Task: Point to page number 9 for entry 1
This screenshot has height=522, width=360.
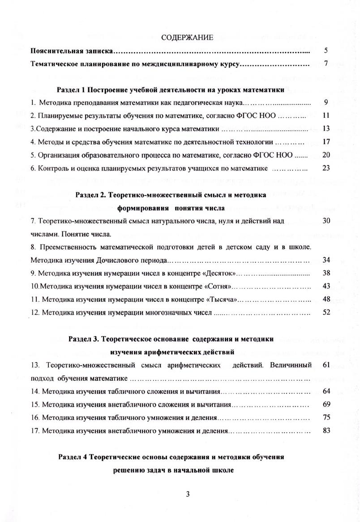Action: (326, 103)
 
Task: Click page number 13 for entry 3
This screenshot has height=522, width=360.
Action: (326, 129)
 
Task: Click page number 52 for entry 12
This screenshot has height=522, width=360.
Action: (326, 312)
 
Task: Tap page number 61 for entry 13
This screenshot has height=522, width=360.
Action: (326, 365)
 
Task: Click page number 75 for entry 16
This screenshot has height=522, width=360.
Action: (326, 417)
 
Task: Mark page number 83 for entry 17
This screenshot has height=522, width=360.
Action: (326, 431)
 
